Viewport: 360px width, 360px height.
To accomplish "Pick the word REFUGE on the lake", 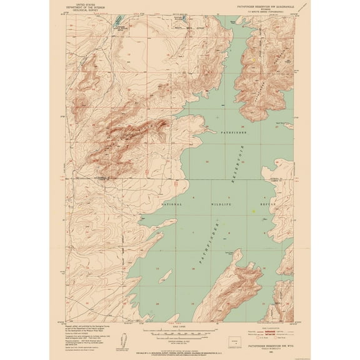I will tap(268, 204).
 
